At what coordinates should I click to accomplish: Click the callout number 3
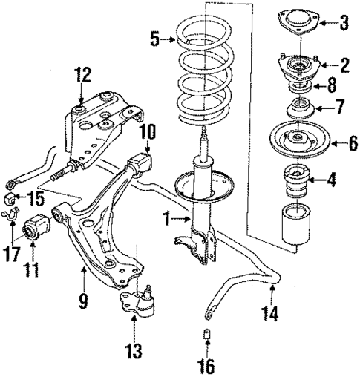pyautogui.click(x=343, y=22)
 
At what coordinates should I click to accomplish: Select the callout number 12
pyautogui.click(x=82, y=73)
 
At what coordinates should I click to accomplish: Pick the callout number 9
pyautogui.click(x=83, y=301)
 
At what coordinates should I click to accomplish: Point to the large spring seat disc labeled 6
pyautogui.click(x=296, y=140)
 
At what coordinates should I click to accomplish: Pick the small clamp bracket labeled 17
pyautogui.click(x=12, y=218)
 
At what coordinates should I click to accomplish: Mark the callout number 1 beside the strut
pyautogui.click(x=168, y=220)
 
